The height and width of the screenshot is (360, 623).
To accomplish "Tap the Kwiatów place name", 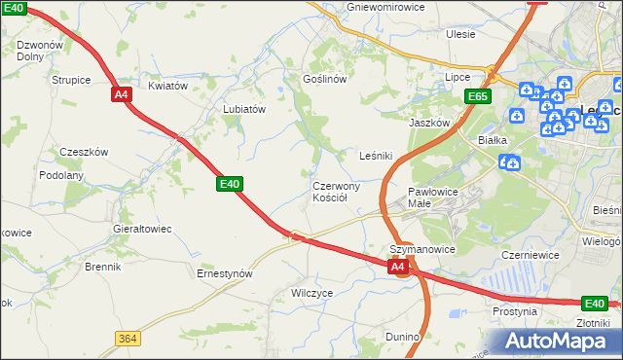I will (167, 86).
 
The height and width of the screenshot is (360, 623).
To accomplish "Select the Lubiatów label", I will (244, 110).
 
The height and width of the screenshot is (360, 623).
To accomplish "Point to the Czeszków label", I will (84, 152).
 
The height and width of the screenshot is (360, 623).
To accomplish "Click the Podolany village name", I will (61, 175).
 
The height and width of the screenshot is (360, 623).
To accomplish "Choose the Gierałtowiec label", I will (143, 229).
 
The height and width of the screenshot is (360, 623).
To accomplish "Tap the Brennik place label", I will (102, 266).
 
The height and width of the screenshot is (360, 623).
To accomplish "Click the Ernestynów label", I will (225, 274).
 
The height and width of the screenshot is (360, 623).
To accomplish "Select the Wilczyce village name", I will (312, 292).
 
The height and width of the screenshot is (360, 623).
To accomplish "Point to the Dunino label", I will (402, 337).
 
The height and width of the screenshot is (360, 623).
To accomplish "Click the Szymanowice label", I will (422, 249).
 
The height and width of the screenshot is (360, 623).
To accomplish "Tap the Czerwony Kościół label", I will (337, 192).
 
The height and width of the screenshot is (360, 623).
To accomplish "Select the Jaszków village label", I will (428, 124).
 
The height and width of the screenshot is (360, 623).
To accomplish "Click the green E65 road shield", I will (477, 96).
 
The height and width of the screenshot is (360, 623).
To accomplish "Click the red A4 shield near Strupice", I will (121, 94).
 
